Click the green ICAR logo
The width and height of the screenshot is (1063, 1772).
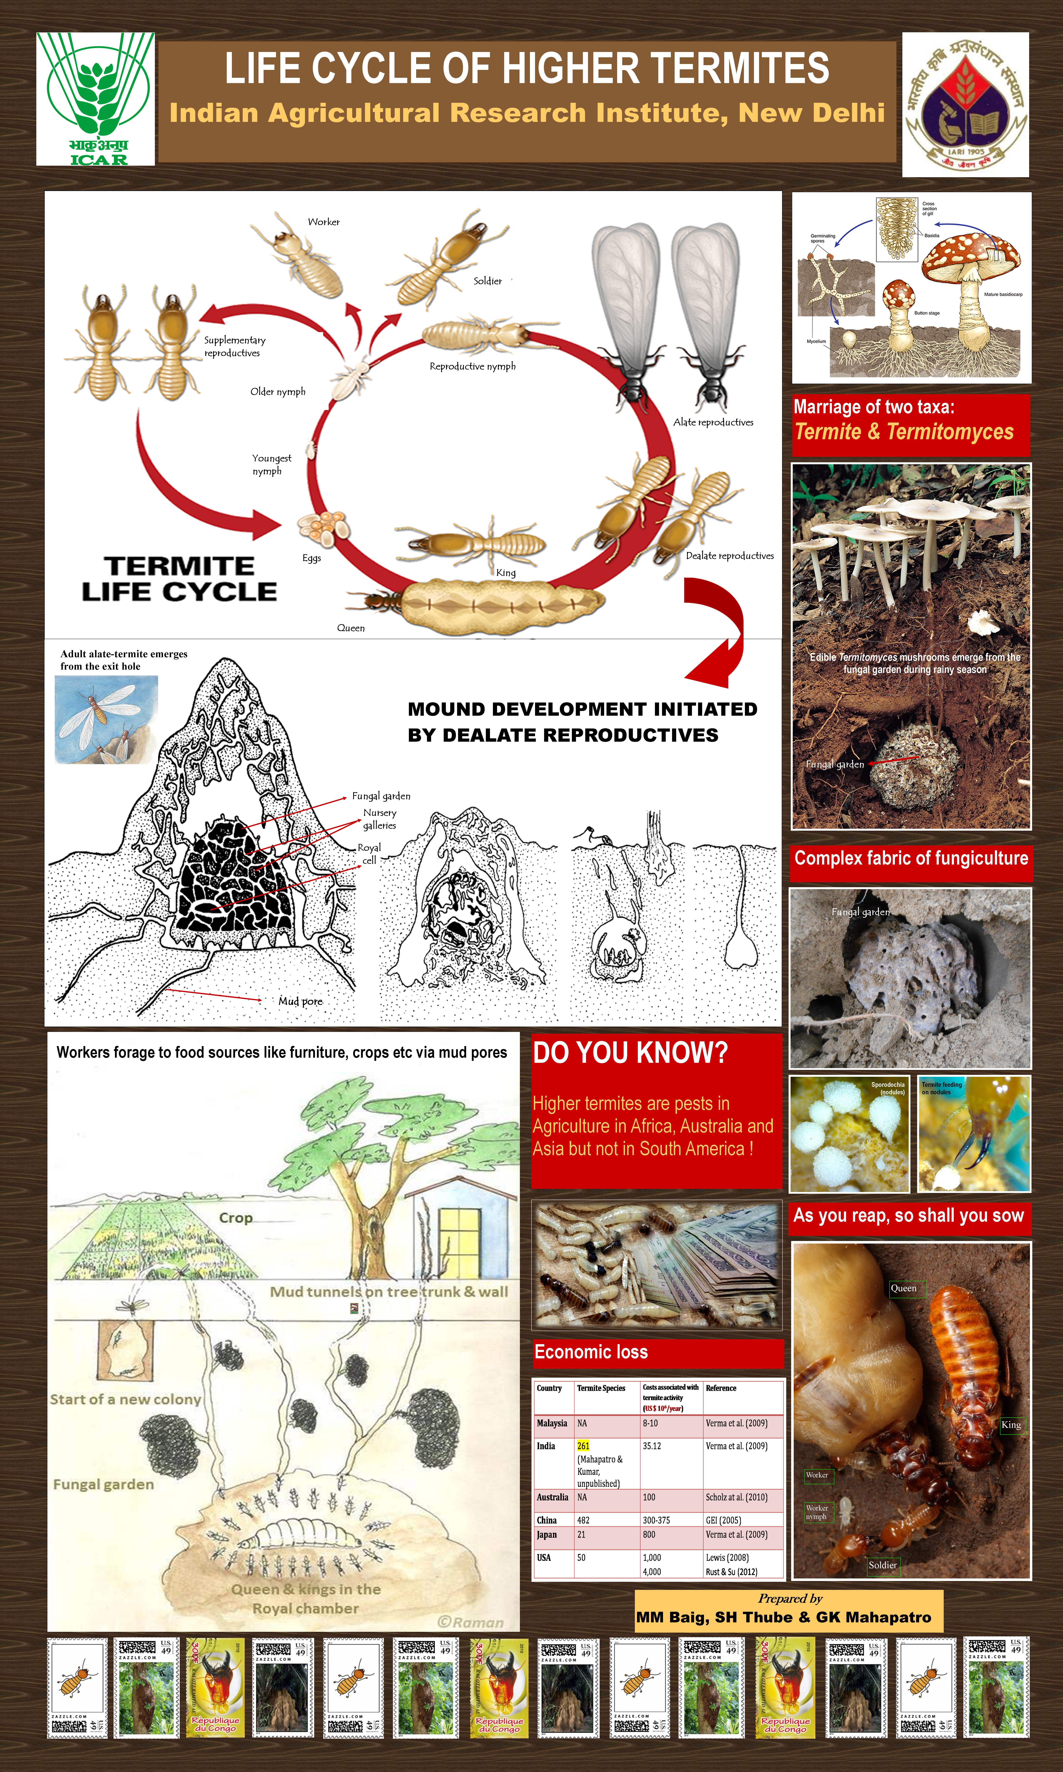(x=95, y=99)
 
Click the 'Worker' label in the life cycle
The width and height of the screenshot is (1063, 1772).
(x=324, y=222)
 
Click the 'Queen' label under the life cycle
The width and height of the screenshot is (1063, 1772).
(x=351, y=628)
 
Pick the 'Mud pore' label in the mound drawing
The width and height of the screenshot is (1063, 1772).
(x=300, y=1001)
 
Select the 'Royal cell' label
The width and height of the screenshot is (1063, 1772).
(x=370, y=854)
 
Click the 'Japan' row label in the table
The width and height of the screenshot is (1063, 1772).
(x=546, y=1535)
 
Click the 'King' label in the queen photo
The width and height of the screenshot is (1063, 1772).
(x=1011, y=1425)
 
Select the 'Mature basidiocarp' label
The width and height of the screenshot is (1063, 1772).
(x=1003, y=294)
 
